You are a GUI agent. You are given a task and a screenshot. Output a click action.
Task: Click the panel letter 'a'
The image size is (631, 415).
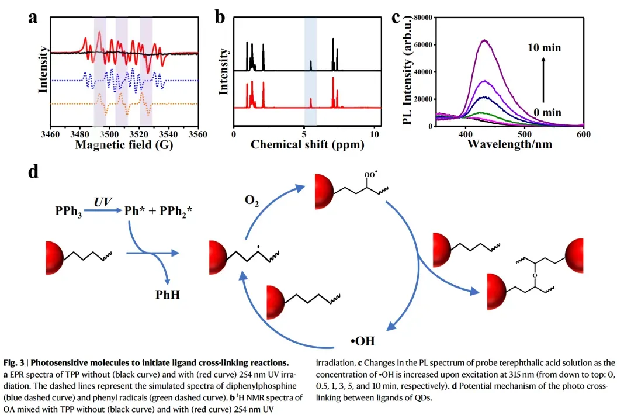coord(34,17)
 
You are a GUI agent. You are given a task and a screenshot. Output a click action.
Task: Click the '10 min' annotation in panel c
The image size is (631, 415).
coord(544,48)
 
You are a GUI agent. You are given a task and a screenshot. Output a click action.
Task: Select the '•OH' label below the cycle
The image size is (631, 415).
coord(362,341)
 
